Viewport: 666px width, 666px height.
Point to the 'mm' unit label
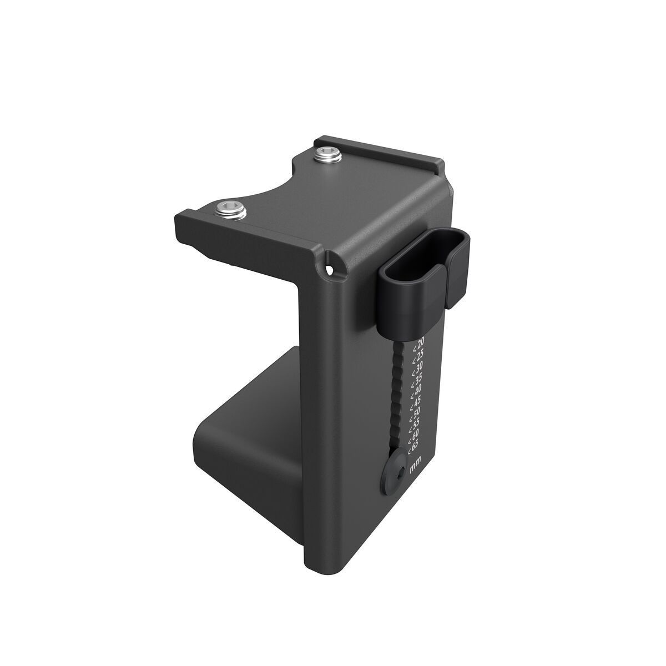413,467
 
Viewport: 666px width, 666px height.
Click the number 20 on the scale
420,342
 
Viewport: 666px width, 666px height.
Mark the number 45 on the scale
417,399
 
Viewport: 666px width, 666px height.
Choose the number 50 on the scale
416,411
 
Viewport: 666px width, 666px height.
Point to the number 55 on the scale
416,422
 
